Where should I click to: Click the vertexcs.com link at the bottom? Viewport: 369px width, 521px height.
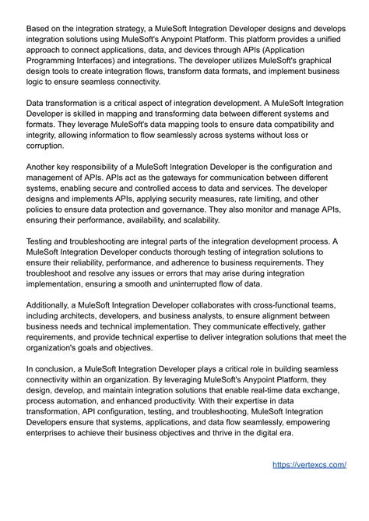(x=309, y=465)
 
